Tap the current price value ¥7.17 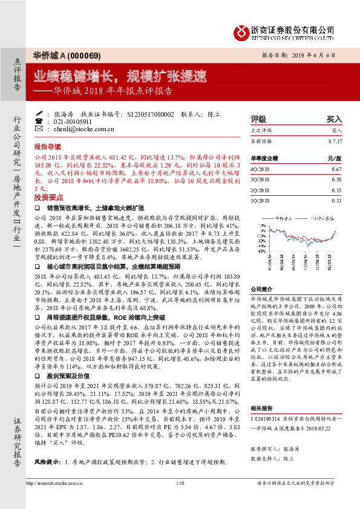point(334,141)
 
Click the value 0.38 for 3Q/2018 point(336,180)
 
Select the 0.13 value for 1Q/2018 point(336,200)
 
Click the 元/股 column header point(334,158)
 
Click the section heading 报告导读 point(48,147)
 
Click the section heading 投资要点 point(48,198)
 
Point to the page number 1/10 point(180,499)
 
